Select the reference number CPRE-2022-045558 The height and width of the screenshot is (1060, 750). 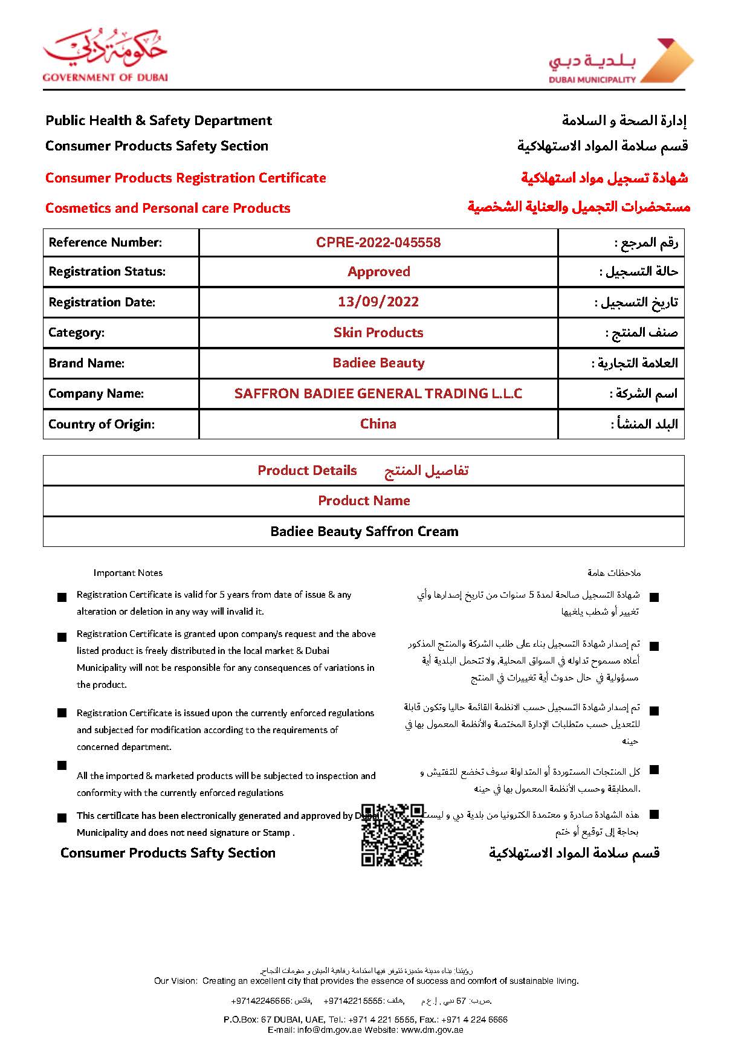378,242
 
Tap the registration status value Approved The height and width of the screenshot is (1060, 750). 378,272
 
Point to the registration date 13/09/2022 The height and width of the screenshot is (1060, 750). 378,302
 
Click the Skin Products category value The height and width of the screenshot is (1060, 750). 378,332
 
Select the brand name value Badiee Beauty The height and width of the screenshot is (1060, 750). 378,363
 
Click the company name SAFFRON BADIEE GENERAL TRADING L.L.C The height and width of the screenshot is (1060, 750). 378,393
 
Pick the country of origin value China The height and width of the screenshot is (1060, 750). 378,424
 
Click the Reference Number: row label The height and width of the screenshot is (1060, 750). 105,242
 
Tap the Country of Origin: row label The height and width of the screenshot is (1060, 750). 102,424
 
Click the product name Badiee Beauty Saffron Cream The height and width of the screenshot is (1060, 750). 364,532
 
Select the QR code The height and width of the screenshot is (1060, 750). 392,835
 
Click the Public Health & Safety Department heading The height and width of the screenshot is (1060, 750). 158,120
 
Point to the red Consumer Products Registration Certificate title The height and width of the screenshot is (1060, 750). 186,178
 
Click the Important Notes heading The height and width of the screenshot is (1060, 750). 128,573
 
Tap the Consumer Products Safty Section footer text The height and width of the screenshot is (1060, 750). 167,853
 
